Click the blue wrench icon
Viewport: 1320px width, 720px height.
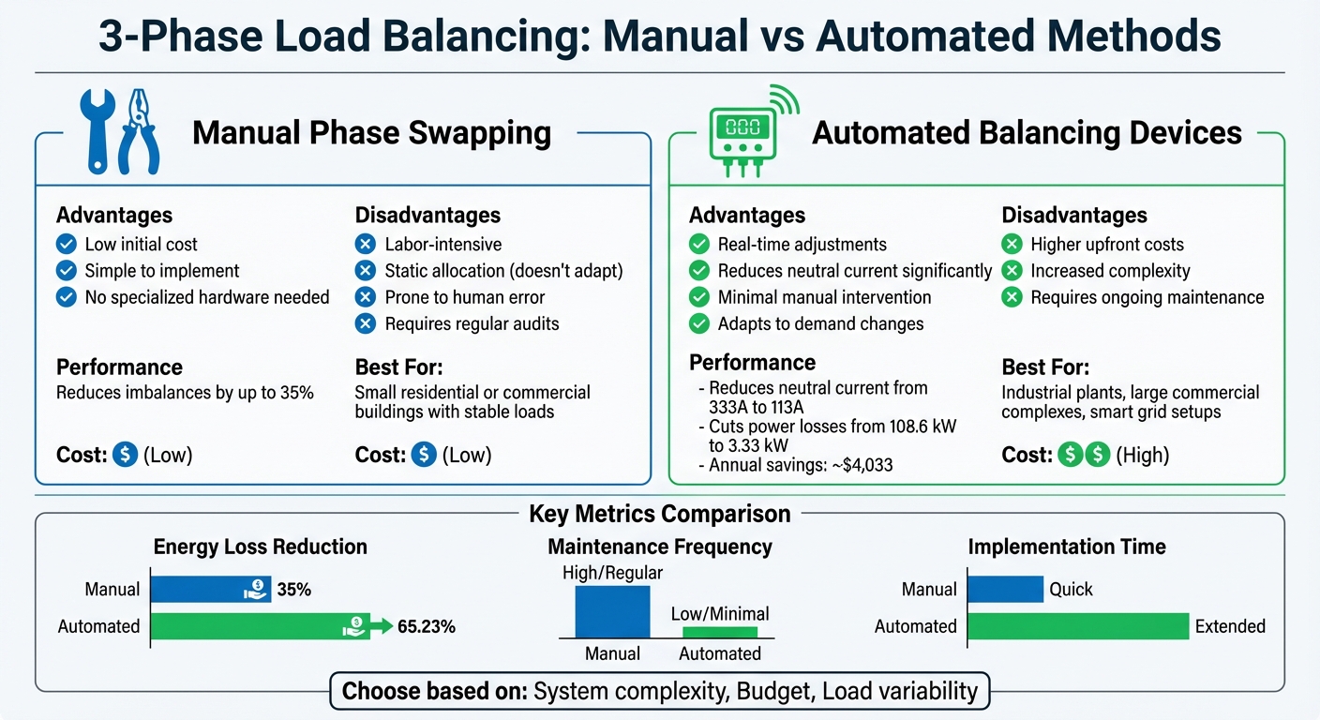(x=97, y=131)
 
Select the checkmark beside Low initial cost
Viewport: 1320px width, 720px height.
(x=66, y=245)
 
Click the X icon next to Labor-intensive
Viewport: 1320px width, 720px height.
(x=366, y=245)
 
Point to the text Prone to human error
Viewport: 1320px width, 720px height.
(x=465, y=297)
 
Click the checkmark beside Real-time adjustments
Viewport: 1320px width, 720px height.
(x=699, y=245)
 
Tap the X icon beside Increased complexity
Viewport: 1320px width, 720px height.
(x=1012, y=271)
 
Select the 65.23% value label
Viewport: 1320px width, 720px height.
(x=427, y=626)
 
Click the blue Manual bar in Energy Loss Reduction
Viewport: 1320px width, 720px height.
(x=210, y=590)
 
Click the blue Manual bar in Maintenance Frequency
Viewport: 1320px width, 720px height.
(x=612, y=611)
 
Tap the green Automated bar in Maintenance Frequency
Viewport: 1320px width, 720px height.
(x=719, y=633)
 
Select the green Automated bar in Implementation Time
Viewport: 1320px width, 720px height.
(x=1078, y=626)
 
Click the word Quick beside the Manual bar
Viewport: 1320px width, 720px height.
(x=1071, y=590)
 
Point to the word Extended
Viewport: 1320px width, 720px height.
(x=1230, y=626)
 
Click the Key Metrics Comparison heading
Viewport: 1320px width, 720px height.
(x=659, y=514)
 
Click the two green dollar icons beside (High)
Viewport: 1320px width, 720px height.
(x=1083, y=456)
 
